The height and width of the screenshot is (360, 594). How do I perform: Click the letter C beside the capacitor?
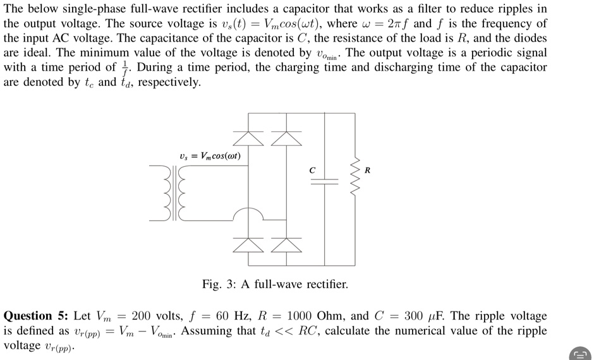[x=311, y=169]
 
